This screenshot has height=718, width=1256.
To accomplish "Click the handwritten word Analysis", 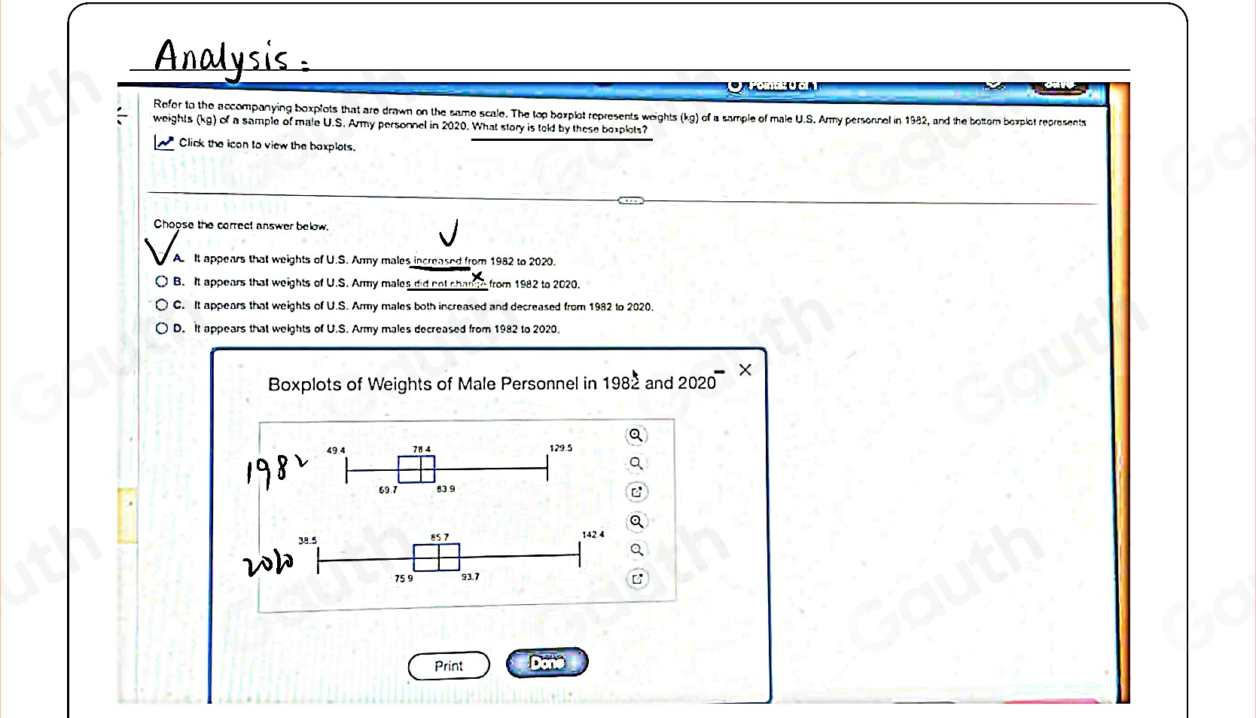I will pyautogui.click(x=221, y=57).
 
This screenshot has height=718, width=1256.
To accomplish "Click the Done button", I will pyautogui.click(x=547, y=663).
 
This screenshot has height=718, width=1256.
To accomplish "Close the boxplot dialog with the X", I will pyautogui.click(x=745, y=370).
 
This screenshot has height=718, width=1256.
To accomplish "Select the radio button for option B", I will pyautogui.click(x=162, y=282).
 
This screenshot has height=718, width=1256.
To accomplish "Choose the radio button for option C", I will pyautogui.click(x=162, y=305).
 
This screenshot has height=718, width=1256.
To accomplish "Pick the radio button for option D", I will pyautogui.click(x=162, y=328).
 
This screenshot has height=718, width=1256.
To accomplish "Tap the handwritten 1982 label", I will pyautogui.click(x=276, y=473).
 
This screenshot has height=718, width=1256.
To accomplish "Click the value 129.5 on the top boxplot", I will pyautogui.click(x=560, y=448).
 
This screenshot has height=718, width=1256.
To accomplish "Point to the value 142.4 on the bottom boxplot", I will pyautogui.click(x=593, y=535).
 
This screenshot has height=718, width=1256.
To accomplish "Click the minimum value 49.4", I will pyautogui.click(x=336, y=451).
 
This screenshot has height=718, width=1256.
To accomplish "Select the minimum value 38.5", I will pyautogui.click(x=307, y=541).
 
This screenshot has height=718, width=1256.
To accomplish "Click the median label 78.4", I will pyautogui.click(x=422, y=450).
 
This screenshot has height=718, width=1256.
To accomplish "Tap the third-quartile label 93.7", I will pyautogui.click(x=470, y=577).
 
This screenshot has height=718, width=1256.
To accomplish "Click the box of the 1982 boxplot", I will pyautogui.click(x=416, y=469).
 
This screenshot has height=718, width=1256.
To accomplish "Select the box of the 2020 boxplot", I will pyautogui.click(x=436, y=558).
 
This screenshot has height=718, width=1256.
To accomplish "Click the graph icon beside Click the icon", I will pyautogui.click(x=164, y=143).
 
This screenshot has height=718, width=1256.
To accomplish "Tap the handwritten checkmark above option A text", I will pyautogui.click(x=449, y=234).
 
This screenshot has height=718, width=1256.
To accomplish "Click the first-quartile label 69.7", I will pyautogui.click(x=388, y=490).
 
